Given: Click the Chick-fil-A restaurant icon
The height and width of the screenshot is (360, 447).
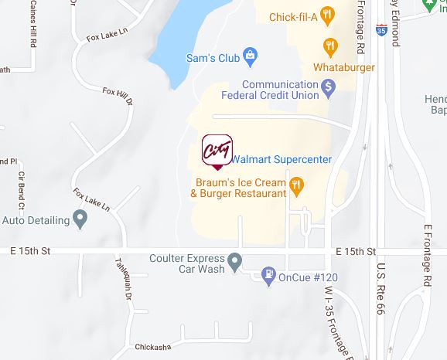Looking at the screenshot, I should coord(329,14).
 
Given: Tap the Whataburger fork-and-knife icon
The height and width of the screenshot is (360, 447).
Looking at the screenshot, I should coord(329,46).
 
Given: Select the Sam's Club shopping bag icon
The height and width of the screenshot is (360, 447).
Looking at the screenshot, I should coord(250,56).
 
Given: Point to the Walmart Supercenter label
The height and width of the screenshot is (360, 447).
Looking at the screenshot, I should coord(282,159).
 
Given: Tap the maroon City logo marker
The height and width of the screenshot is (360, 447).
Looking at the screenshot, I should coord(217,151).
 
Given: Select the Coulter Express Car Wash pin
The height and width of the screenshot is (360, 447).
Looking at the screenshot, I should coord(236,260).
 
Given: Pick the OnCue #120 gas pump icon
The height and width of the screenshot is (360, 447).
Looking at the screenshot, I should coord(268,276).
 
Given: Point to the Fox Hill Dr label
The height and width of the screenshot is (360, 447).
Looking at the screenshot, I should coord(118,97).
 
